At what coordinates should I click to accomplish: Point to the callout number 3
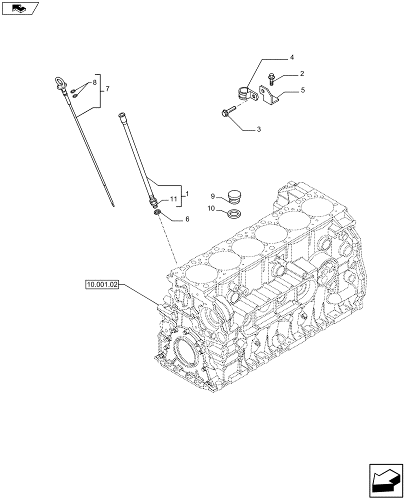[x=259, y=129]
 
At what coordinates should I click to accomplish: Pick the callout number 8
[x=92, y=81]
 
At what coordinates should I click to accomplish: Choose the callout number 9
[x=212, y=195]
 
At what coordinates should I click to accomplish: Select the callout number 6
[x=187, y=219]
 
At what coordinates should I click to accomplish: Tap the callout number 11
[x=173, y=199]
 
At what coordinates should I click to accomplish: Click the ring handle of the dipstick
[x=58, y=80]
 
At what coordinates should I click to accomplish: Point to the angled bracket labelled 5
[x=266, y=96]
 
